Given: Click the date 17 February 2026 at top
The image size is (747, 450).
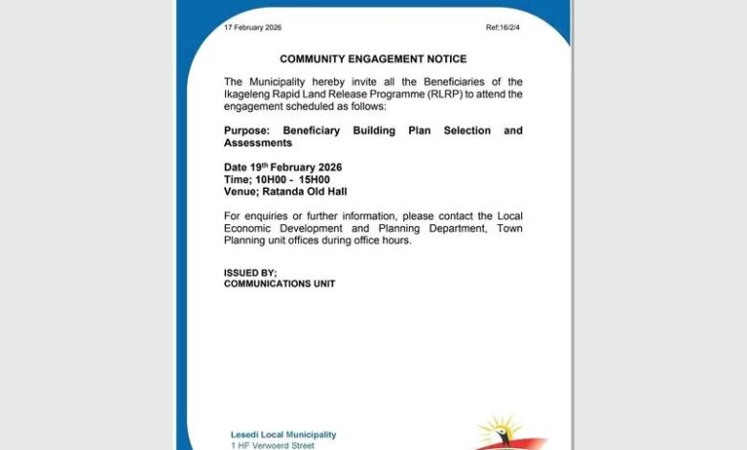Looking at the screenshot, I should pyautogui.click(x=253, y=28).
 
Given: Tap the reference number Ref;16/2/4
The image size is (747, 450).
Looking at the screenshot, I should pyautogui.click(x=503, y=28).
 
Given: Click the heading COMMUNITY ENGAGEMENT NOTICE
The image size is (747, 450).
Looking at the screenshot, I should pyautogui.click(x=373, y=58).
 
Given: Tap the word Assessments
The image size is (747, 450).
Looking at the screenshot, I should pyautogui.click(x=258, y=143).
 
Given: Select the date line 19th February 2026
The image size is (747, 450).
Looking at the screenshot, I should pyautogui.click(x=295, y=167).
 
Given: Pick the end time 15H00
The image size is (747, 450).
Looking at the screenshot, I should pyautogui.click(x=313, y=179).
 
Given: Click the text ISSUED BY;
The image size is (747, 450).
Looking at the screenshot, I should pyautogui.click(x=250, y=272).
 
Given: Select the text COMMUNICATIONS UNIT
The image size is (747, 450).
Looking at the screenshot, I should pyautogui.click(x=280, y=283).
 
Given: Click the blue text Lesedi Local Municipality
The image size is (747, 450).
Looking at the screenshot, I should pyautogui.click(x=283, y=435).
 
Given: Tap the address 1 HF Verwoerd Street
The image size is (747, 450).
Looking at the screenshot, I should pyautogui.click(x=272, y=445).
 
